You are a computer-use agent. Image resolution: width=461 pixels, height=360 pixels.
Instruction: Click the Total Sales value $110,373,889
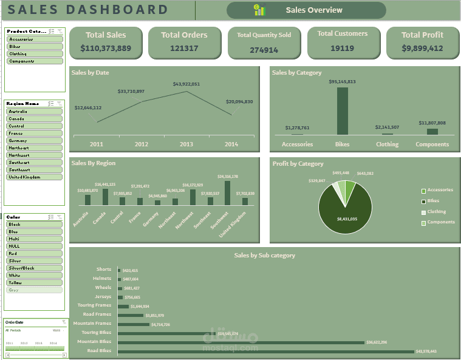tap(106, 48)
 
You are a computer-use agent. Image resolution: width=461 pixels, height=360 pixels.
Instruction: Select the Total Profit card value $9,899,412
tap(422, 48)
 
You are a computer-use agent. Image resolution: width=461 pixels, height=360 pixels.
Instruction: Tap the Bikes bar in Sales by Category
tap(343, 111)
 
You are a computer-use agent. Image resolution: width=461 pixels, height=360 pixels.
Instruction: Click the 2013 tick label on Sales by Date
tap(186, 144)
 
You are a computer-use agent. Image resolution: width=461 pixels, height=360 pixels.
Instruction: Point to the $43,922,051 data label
tap(186, 84)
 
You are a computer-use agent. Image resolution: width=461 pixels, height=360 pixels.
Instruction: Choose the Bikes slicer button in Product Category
tap(35, 46)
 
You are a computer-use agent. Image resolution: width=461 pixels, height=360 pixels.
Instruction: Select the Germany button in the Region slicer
tap(35, 140)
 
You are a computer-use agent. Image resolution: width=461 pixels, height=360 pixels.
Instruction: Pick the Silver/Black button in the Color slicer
tap(35, 268)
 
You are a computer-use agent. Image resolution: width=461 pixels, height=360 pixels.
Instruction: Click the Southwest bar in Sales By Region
tap(227, 193)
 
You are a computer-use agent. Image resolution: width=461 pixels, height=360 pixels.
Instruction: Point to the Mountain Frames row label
tap(94, 324)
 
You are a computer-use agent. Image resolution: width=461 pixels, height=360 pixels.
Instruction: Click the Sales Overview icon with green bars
tap(259, 10)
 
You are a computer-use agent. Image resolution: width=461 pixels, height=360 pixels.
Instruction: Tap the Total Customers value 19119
tap(342, 48)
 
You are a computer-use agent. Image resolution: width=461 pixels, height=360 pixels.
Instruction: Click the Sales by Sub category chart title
tap(264, 255)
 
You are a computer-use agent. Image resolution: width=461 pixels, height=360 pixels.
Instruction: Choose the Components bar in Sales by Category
tap(432, 131)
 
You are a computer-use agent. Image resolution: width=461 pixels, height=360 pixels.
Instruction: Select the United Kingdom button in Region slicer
tap(35, 177)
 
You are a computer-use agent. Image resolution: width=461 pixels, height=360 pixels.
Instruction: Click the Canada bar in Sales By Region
tap(105, 197)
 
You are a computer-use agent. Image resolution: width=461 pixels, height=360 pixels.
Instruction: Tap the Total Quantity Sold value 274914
tap(264, 50)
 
